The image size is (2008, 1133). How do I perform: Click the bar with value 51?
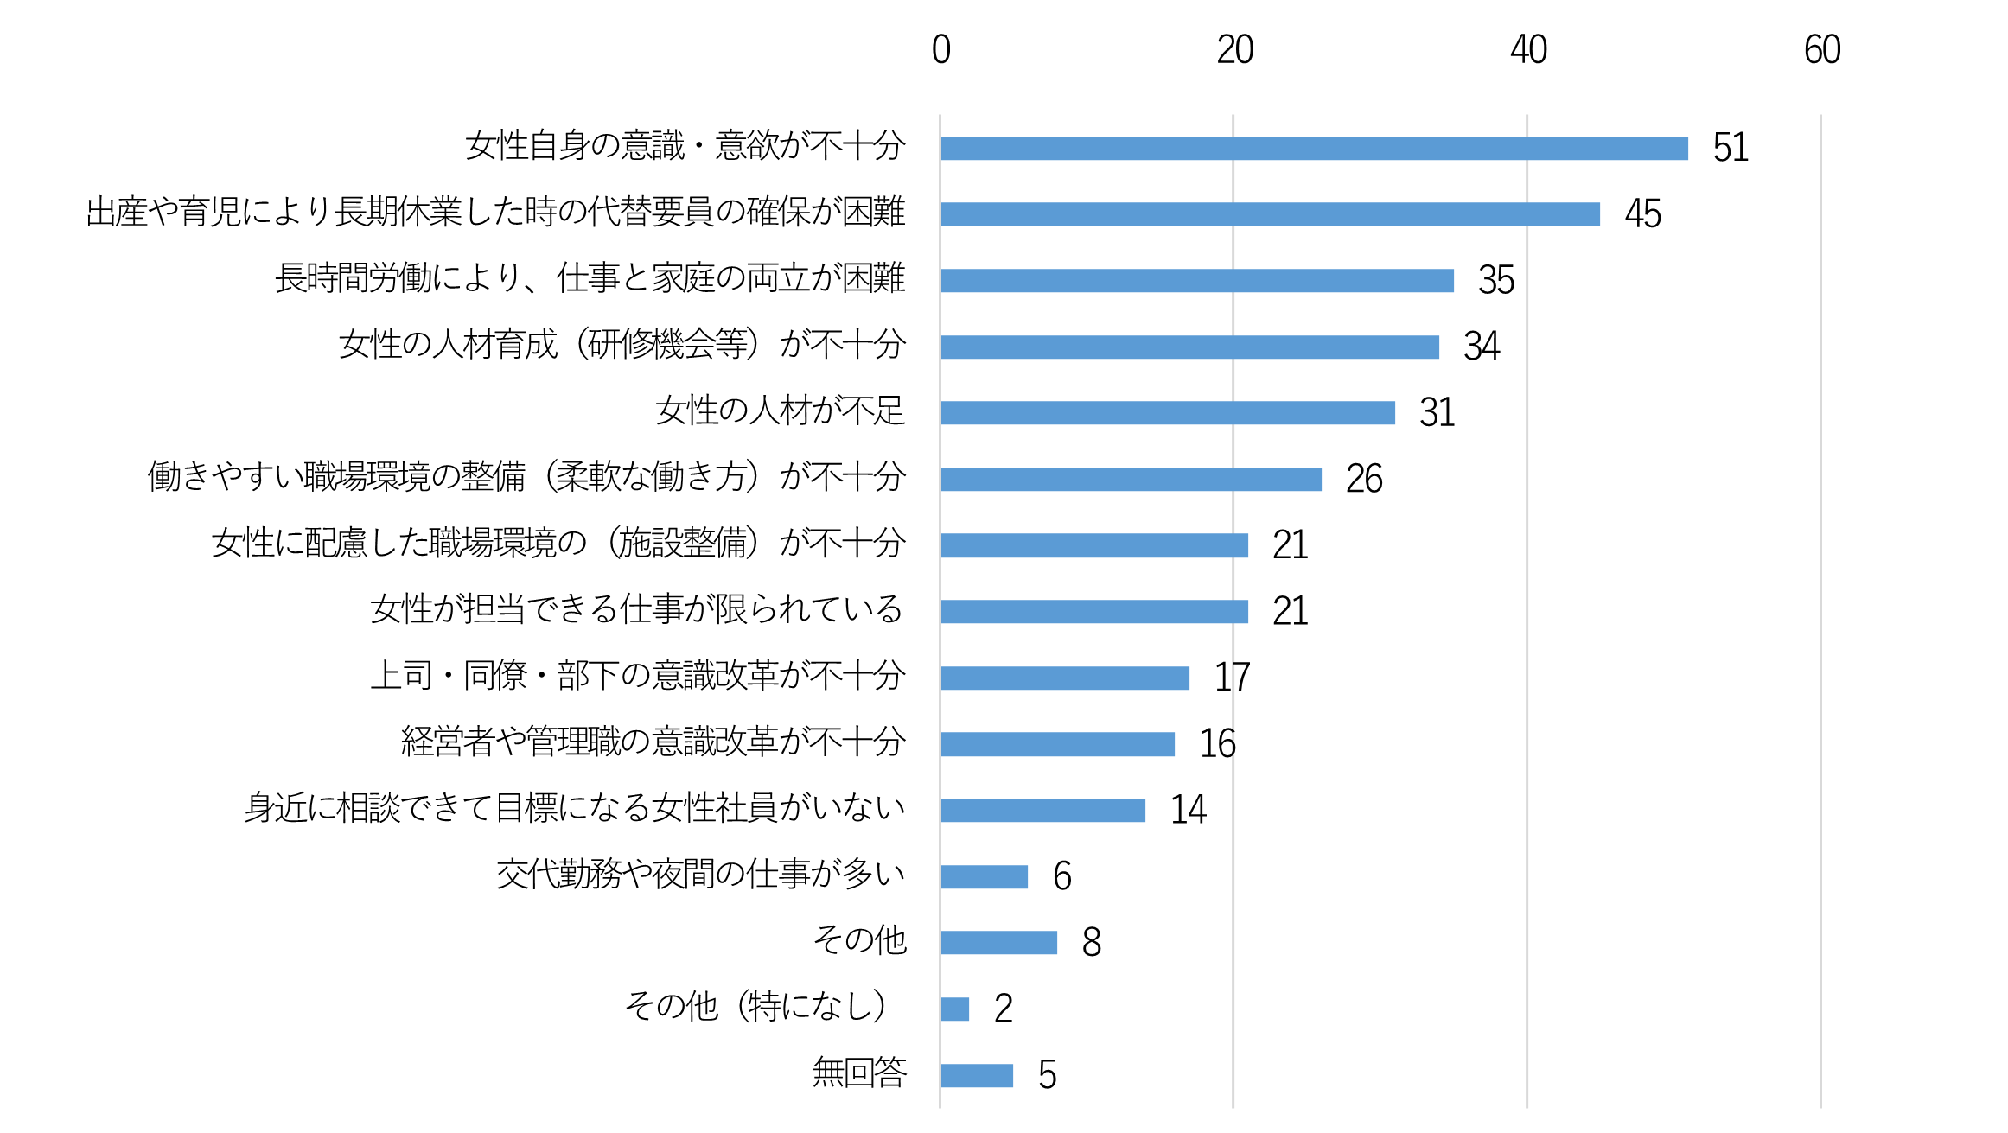pos(1314,149)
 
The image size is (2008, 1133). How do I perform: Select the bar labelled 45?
pos(1270,214)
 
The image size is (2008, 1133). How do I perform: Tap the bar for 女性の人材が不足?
pos(1168,413)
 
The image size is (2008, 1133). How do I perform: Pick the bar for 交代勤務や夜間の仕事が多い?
pos(984,876)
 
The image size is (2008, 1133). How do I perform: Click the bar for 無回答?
pos(977,1075)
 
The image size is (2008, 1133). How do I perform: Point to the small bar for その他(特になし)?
pos(955,1009)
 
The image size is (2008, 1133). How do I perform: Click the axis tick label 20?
pos(1234,50)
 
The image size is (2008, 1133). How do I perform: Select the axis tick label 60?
pos(1821,50)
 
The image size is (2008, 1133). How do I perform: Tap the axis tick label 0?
pos(940,50)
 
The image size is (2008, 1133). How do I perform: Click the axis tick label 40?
pos(1527,50)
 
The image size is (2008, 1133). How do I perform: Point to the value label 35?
pos(1496,280)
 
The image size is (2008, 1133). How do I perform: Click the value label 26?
pos(1364,479)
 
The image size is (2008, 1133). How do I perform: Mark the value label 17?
pos(1232,678)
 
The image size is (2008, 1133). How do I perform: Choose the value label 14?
pos(1188,810)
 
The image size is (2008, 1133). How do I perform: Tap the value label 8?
pos(1091,942)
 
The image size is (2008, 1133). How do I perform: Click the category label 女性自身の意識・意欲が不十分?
pos(685,145)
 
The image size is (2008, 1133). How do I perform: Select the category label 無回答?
pos(859,1073)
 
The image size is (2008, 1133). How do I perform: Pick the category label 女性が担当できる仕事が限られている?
pos(636,609)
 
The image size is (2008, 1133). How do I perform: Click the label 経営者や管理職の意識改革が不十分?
pos(653,742)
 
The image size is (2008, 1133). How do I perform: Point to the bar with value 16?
pos(1057,744)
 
